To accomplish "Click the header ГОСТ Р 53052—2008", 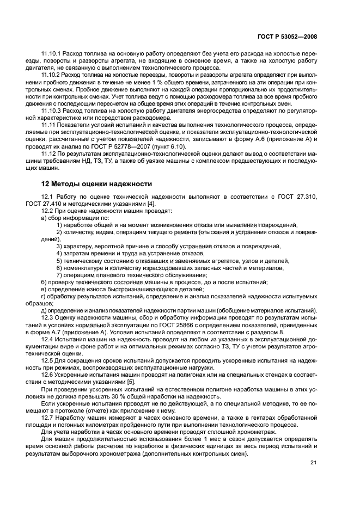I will pyautogui.click(x=288, y=37).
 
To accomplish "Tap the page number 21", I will pyautogui.click(x=313, y=462).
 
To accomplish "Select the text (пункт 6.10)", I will pyautogui.click(x=170, y=147).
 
